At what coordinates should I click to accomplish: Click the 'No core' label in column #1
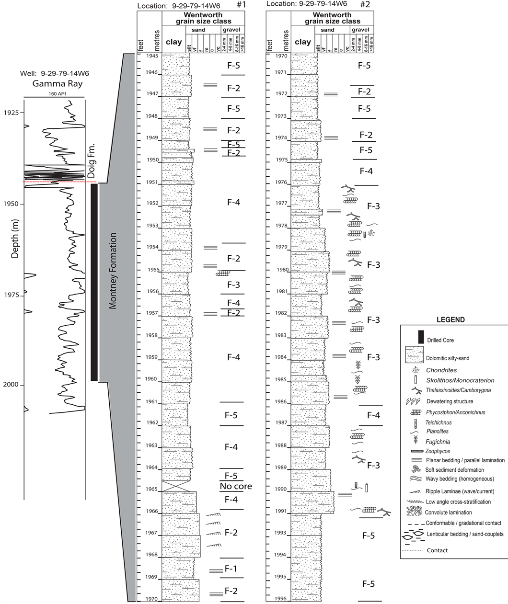236,487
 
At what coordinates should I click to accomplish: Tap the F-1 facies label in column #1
231,569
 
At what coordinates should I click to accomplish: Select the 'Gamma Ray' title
58,84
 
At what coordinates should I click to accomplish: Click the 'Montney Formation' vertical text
113,271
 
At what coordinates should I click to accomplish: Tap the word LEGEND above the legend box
450,320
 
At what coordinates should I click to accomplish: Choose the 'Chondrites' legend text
441,370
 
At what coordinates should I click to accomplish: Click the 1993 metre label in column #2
281,533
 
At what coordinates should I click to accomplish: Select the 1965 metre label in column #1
151,490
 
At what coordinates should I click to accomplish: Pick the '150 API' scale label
54,94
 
